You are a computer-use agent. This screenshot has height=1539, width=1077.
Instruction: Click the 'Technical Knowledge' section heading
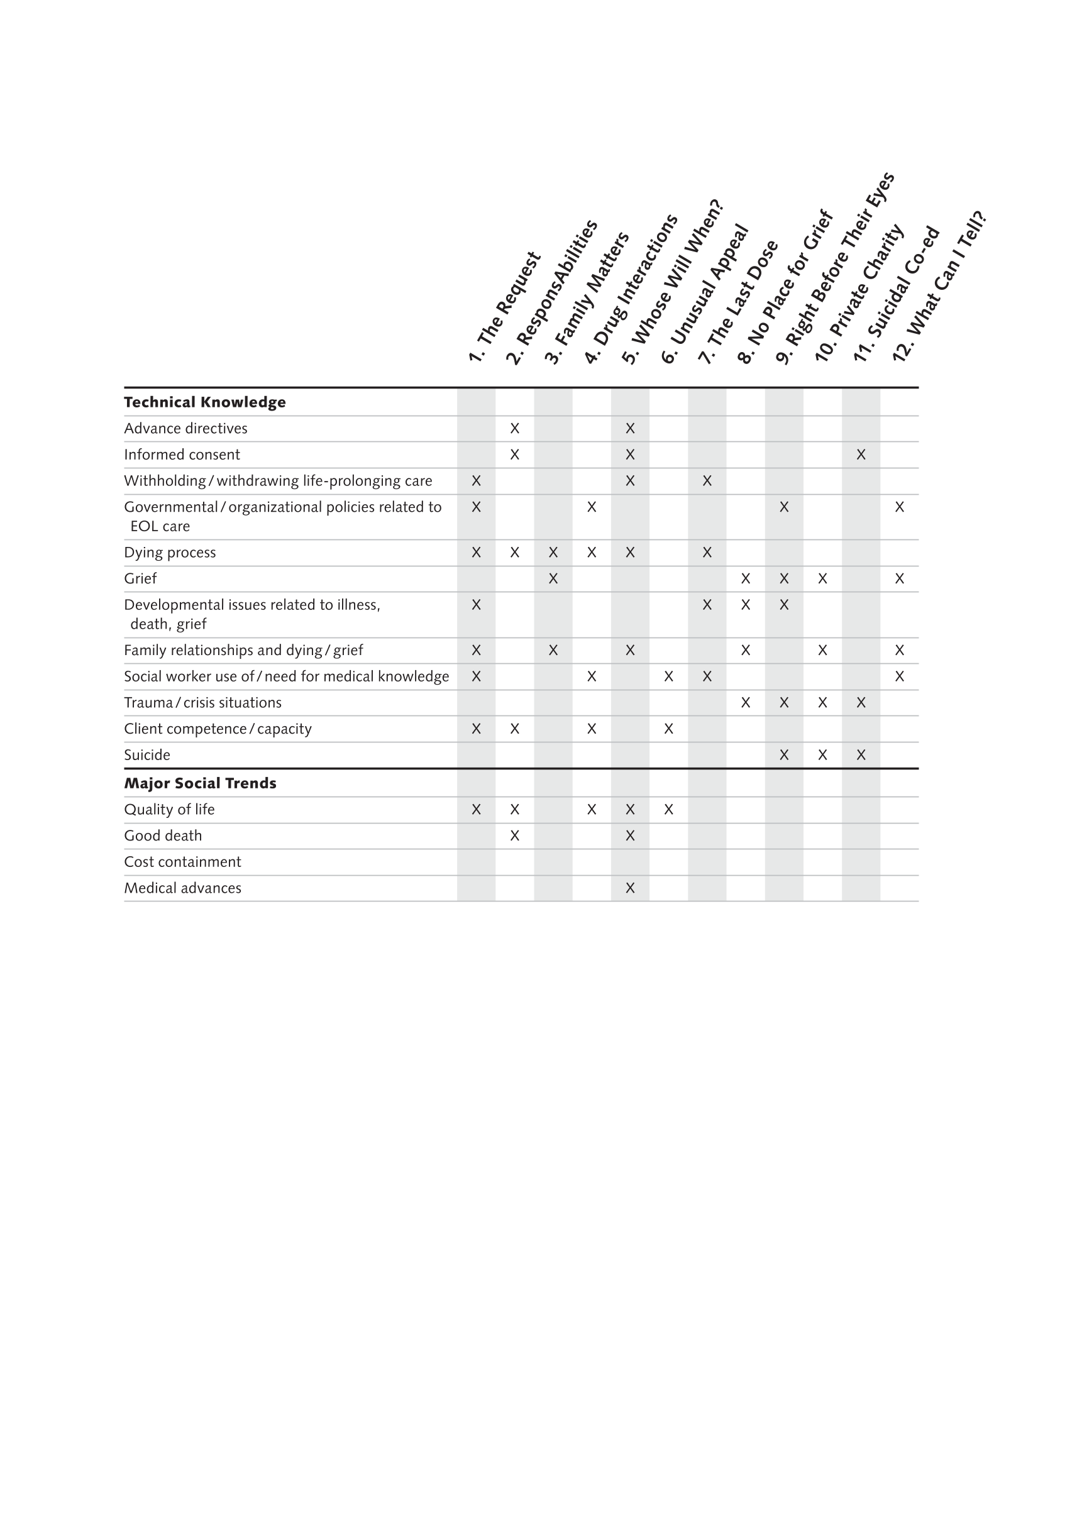pyautogui.click(x=204, y=402)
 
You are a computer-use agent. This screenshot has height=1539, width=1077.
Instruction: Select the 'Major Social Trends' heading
pyautogui.click(x=200, y=783)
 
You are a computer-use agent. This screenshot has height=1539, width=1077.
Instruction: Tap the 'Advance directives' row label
pyautogui.click(x=185, y=428)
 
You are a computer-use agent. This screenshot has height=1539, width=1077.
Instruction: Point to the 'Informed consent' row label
pyautogui.click(x=182, y=455)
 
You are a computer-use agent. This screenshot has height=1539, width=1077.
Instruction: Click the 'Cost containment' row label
pyautogui.click(x=182, y=862)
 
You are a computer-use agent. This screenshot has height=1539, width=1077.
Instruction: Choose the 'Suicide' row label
pyautogui.click(x=146, y=756)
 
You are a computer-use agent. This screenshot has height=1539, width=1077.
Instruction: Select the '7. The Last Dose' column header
pyautogui.click(x=738, y=302)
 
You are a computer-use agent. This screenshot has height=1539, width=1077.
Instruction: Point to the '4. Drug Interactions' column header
pyautogui.click(x=630, y=290)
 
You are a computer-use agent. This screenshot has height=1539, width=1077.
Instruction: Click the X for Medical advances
pyautogui.click(x=630, y=888)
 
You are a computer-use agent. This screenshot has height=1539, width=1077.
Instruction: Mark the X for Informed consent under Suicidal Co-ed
pyautogui.click(x=861, y=455)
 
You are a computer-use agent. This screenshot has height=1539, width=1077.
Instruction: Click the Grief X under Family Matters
pyautogui.click(x=553, y=578)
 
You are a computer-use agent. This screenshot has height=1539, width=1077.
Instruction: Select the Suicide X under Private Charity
pyautogui.click(x=822, y=756)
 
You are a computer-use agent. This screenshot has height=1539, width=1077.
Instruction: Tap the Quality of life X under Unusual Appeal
pyautogui.click(x=668, y=810)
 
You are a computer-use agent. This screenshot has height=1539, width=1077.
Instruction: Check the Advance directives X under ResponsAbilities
pyautogui.click(x=515, y=428)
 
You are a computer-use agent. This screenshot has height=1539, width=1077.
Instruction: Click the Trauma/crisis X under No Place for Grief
pyautogui.click(x=745, y=702)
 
